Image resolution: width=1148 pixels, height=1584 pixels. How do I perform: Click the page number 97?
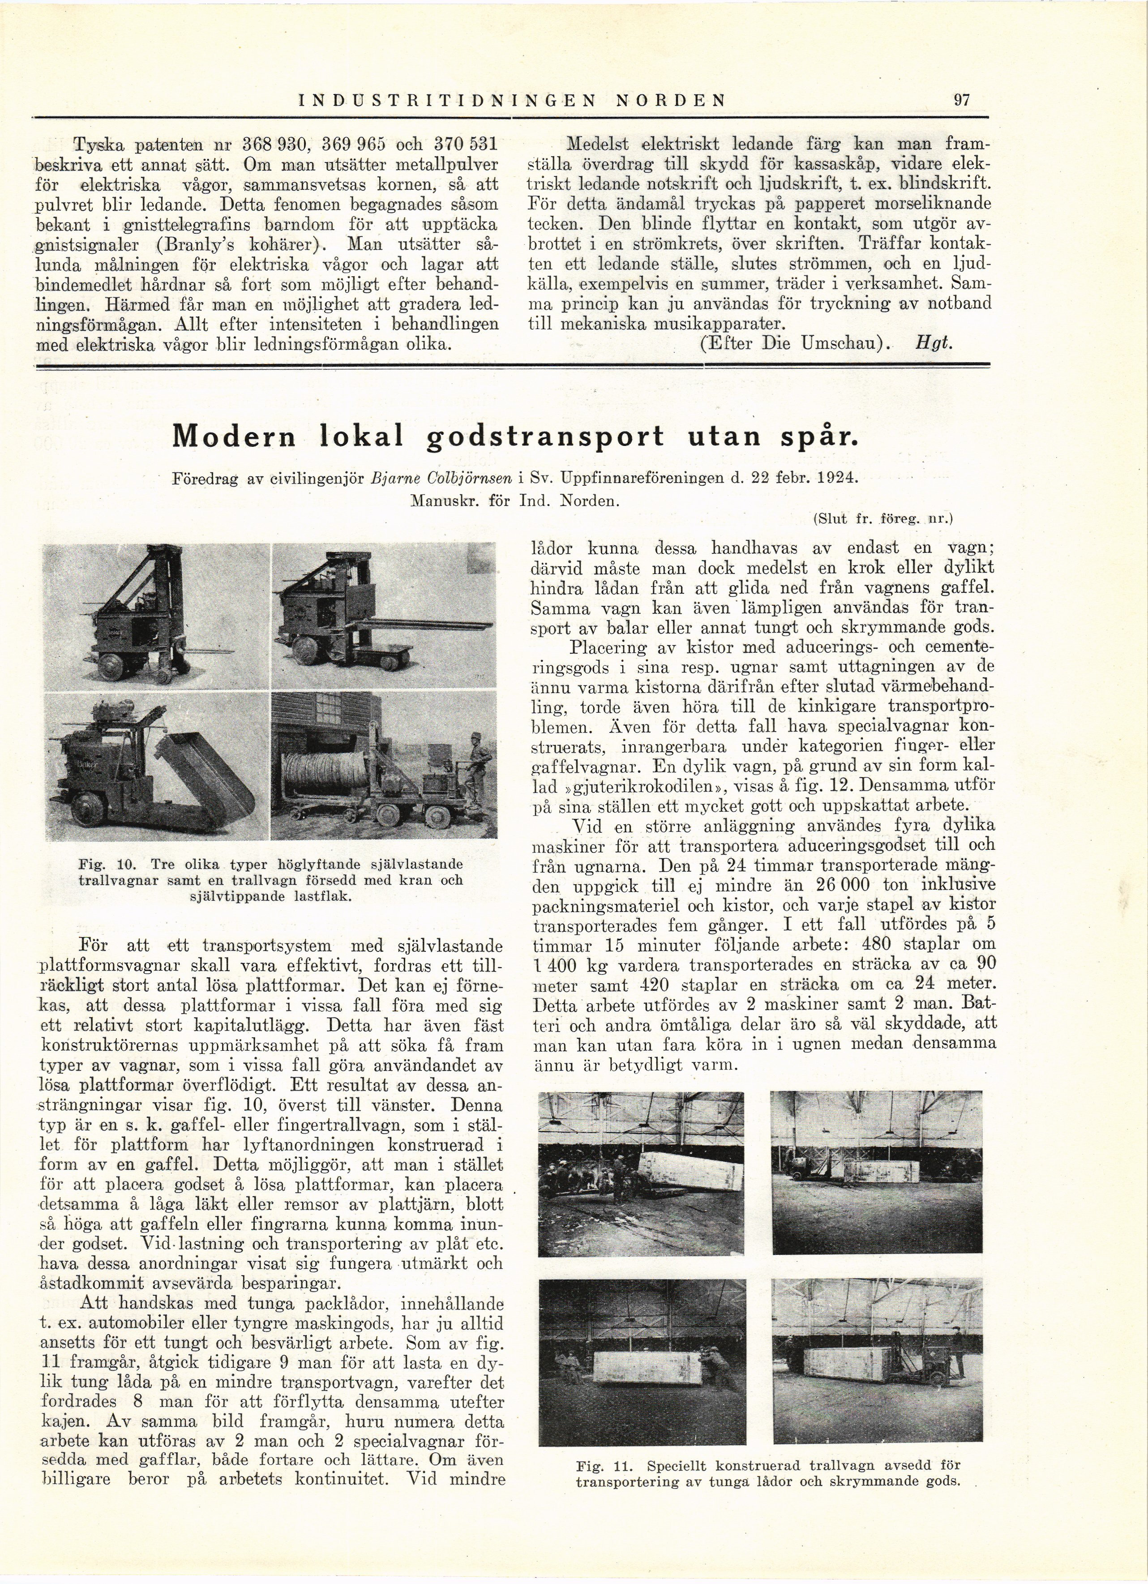pos(962,100)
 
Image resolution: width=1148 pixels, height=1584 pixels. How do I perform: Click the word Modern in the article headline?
pos(234,437)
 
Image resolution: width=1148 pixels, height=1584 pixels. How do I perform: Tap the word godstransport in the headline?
pos(544,437)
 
